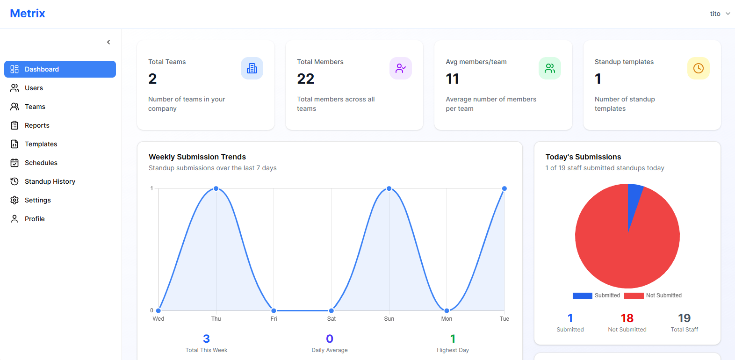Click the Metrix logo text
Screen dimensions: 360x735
click(x=28, y=14)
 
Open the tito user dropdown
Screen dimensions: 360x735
click(x=720, y=14)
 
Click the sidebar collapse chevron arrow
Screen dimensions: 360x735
click(x=108, y=42)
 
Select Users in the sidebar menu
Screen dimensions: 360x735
click(x=34, y=88)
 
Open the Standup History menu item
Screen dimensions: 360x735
click(x=50, y=181)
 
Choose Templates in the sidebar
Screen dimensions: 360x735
click(x=41, y=144)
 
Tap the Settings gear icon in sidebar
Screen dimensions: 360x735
click(x=14, y=200)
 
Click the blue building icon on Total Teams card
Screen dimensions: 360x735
click(x=252, y=68)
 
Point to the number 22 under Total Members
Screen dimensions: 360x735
click(x=306, y=79)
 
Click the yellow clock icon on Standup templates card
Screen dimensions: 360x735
click(x=698, y=68)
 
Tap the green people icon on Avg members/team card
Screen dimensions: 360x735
click(x=549, y=68)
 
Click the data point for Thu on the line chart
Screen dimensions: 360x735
click(x=216, y=188)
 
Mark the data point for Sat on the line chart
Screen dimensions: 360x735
click(x=331, y=310)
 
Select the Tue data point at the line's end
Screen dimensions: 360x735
click(x=504, y=188)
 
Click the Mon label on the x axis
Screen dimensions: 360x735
click(x=447, y=319)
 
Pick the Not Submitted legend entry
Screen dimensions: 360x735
click(x=653, y=295)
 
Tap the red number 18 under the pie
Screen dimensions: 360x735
click(x=627, y=318)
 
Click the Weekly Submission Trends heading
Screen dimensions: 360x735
click(x=197, y=157)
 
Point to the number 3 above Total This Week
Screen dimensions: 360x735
click(x=206, y=338)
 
